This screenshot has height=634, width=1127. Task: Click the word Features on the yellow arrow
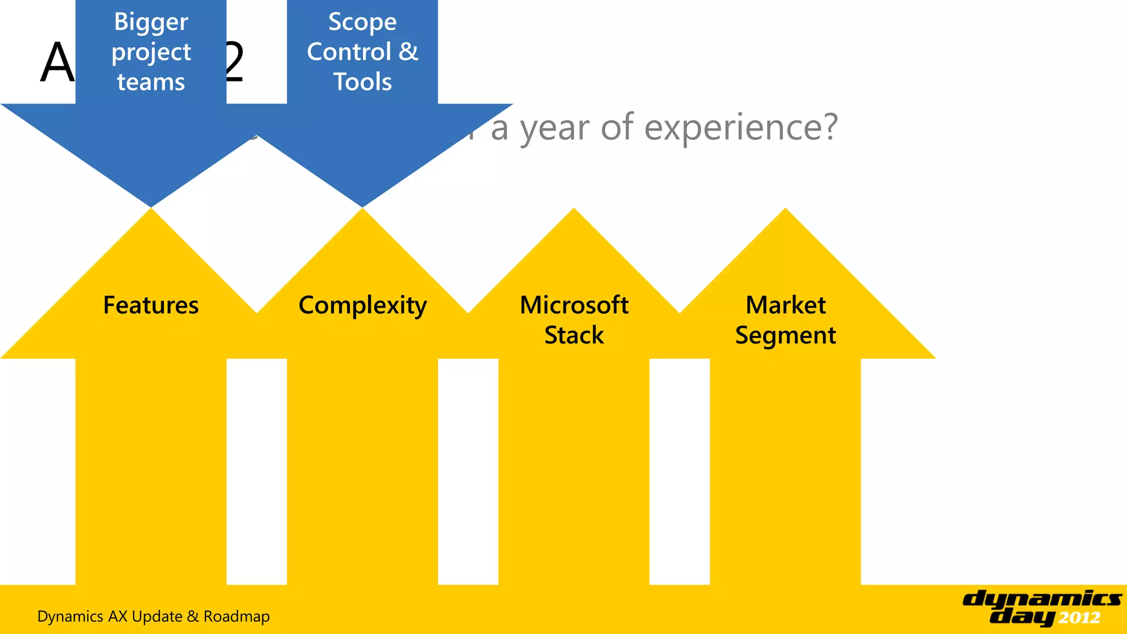(x=151, y=305)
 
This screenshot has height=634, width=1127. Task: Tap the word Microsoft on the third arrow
(x=574, y=305)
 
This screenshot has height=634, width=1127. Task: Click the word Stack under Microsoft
(x=574, y=335)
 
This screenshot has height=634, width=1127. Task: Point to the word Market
(x=785, y=305)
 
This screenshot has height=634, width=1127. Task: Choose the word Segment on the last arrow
(x=785, y=336)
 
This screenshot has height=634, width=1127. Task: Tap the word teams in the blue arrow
(x=151, y=82)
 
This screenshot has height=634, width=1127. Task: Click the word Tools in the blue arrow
(x=362, y=82)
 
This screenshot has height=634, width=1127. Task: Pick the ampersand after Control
(x=408, y=52)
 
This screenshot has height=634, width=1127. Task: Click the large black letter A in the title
(x=57, y=63)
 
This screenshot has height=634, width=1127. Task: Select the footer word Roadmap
(x=237, y=616)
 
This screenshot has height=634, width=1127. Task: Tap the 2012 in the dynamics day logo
(x=1079, y=618)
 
